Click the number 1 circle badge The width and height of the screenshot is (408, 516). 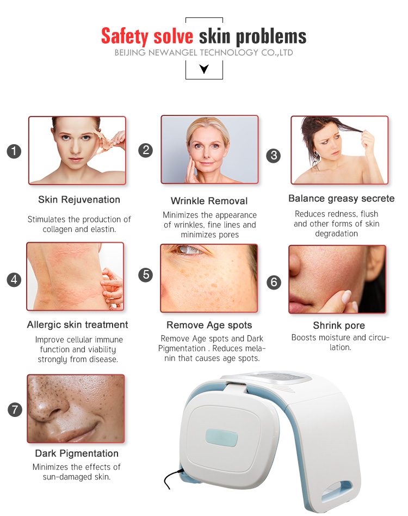click(14, 151)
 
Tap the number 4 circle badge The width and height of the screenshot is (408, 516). click(14, 280)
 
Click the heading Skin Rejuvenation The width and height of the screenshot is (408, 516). click(79, 200)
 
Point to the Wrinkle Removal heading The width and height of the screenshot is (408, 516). click(209, 201)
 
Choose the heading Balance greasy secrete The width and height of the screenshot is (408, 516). click(341, 198)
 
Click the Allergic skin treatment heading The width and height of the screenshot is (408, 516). click(77, 325)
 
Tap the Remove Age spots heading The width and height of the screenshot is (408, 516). click(209, 325)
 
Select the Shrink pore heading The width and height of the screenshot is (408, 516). click(339, 325)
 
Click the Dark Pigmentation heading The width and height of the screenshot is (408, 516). click(77, 453)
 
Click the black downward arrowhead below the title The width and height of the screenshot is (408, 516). click(204, 69)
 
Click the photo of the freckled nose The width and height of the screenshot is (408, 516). click(76, 408)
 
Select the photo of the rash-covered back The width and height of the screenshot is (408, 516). click(75, 277)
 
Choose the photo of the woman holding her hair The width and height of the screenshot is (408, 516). click(339, 150)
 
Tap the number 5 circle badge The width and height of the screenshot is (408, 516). click(145, 274)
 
